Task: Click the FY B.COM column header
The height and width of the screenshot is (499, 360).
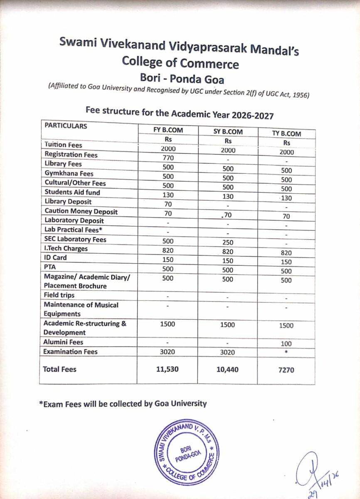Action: (x=168, y=130)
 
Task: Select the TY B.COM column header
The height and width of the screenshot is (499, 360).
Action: (x=286, y=133)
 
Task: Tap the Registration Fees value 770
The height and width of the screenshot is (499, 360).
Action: (x=168, y=158)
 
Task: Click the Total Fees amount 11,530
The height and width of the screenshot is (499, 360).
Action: (x=168, y=369)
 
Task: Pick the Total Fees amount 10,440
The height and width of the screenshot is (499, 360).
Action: (x=227, y=369)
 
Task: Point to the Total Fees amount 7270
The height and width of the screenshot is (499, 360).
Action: (x=286, y=370)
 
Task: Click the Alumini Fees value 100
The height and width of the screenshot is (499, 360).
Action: (x=286, y=344)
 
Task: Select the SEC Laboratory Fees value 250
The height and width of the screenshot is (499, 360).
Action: (x=227, y=242)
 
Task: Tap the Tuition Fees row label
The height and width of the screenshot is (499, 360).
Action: (x=63, y=145)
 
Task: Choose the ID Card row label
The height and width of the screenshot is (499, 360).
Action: (x=55, y=257)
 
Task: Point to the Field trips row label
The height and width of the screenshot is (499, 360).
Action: (x=59, y=295)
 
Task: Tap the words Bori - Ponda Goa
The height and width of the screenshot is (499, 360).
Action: (x=182, y=78)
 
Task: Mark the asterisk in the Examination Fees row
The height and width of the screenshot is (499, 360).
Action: (x=286, y=352)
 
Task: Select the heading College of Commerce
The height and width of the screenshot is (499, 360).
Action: (x=180, y=63)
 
